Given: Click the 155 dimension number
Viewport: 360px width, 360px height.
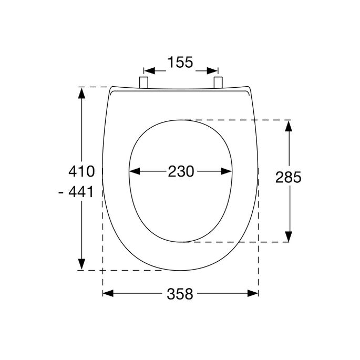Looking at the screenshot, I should [180, 63].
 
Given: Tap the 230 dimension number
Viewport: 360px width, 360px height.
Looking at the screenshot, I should [181, 171].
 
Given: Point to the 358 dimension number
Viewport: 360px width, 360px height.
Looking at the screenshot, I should [180, 294].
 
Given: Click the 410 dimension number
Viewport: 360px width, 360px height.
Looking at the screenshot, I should [81, 171].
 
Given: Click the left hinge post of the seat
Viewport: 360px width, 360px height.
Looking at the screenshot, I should [143, 81].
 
